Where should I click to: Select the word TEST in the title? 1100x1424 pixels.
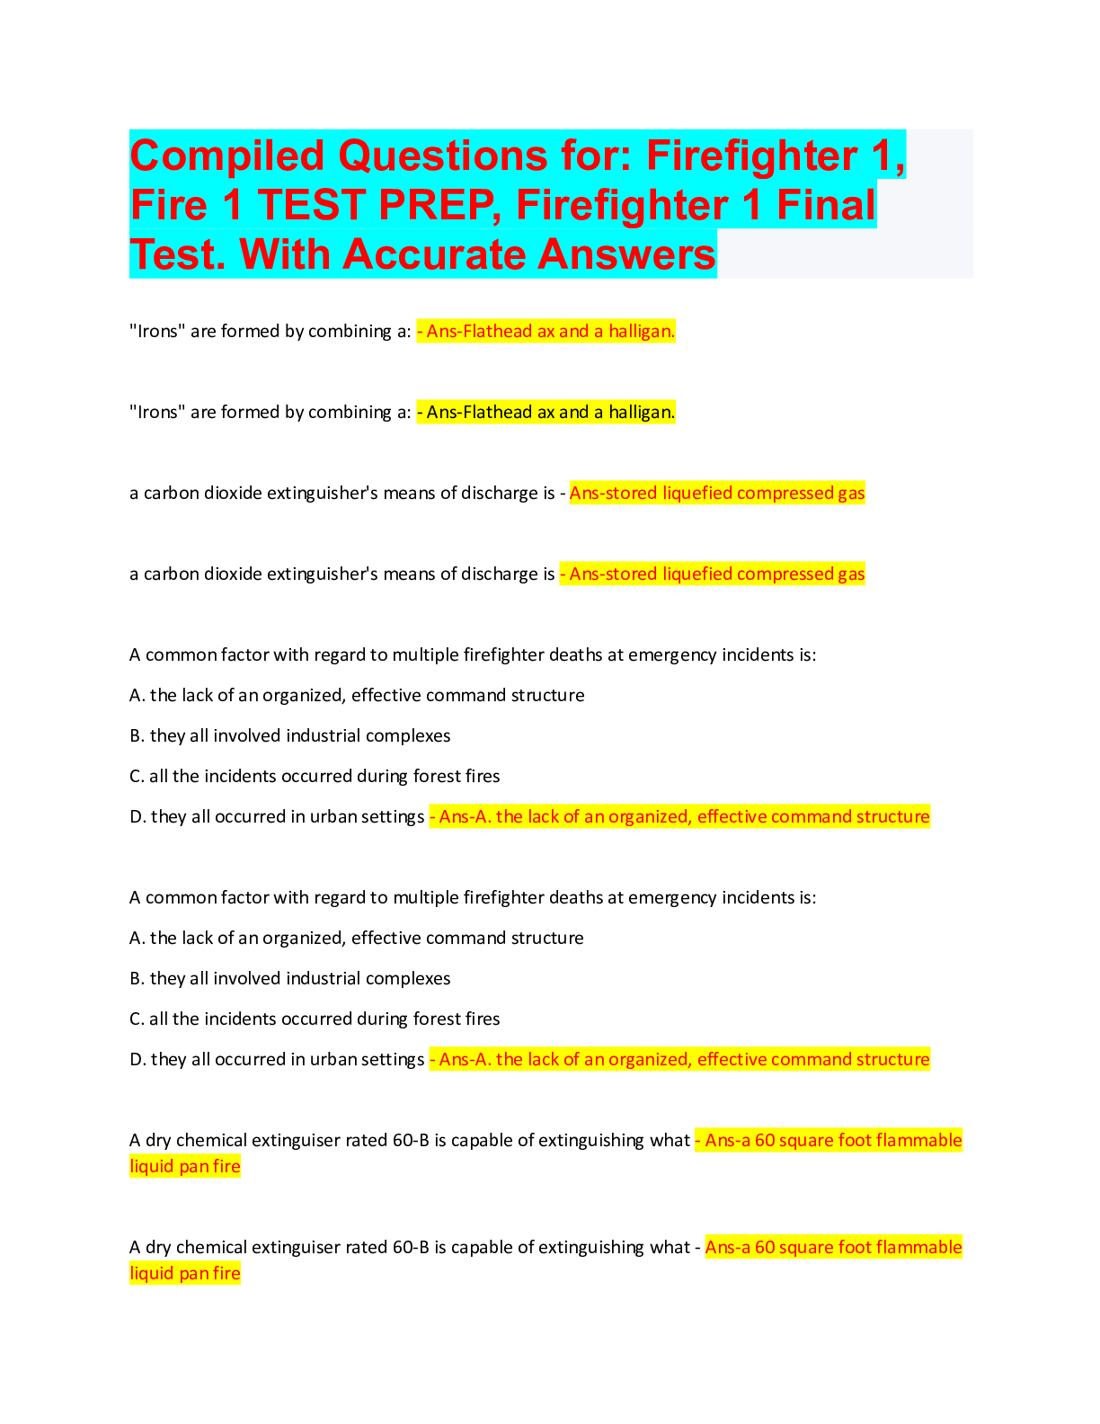pos(313,205)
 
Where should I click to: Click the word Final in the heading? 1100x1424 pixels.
pos(826,205)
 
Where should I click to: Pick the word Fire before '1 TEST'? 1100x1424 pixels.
pos(169,205)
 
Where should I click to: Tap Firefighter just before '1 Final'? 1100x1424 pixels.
pos(622,206)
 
